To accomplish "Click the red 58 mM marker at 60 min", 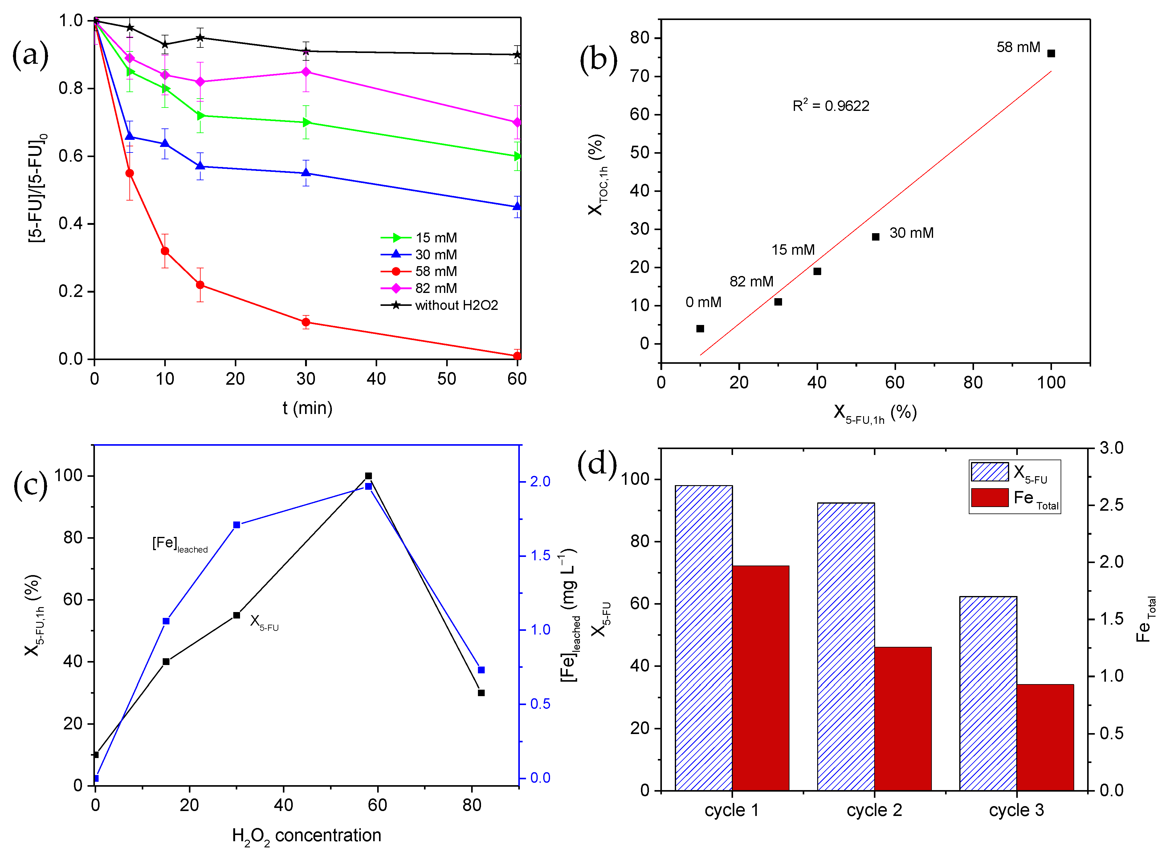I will point(517,355).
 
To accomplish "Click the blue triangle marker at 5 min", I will point(129,136).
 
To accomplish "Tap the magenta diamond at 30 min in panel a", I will point(306,71).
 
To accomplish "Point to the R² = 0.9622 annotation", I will point(830,106).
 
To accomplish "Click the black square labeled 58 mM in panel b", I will point(1050,53).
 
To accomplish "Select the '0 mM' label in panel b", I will point(703,302).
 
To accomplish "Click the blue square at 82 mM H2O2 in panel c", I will point(481,670).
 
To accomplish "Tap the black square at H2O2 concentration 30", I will point(236,615).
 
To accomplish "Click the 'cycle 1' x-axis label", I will point(731,810).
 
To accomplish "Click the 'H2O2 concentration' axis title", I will point(306,835).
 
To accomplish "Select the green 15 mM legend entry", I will point(435,238).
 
